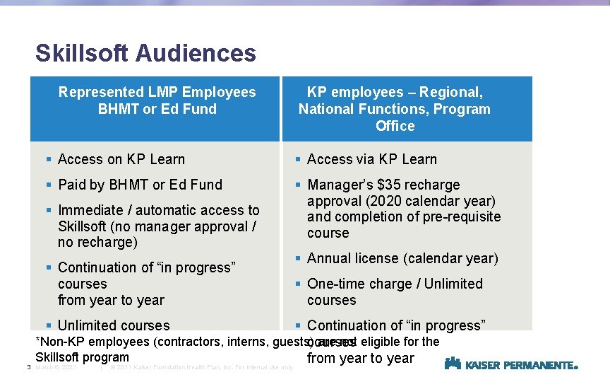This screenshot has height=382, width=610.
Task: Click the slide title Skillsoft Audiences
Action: tap(145, 53)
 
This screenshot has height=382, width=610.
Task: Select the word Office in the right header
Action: tap(395, 126)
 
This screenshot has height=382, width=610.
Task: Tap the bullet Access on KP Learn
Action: tap(121, 159)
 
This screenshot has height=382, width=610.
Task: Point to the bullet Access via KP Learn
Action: tap(371, 159)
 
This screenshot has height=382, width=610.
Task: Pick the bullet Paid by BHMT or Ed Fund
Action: tap(140, 185)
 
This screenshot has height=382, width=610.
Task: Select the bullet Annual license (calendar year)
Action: tap(402, 258)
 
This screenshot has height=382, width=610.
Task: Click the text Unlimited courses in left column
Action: tap(114, 325)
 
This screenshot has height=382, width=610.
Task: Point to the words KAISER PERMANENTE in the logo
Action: tap(521, 365)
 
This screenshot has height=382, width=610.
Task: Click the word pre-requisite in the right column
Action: tap(460, 216)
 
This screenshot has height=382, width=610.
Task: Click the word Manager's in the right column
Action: tap(337, 185)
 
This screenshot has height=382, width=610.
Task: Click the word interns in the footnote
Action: tap(246, 342)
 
